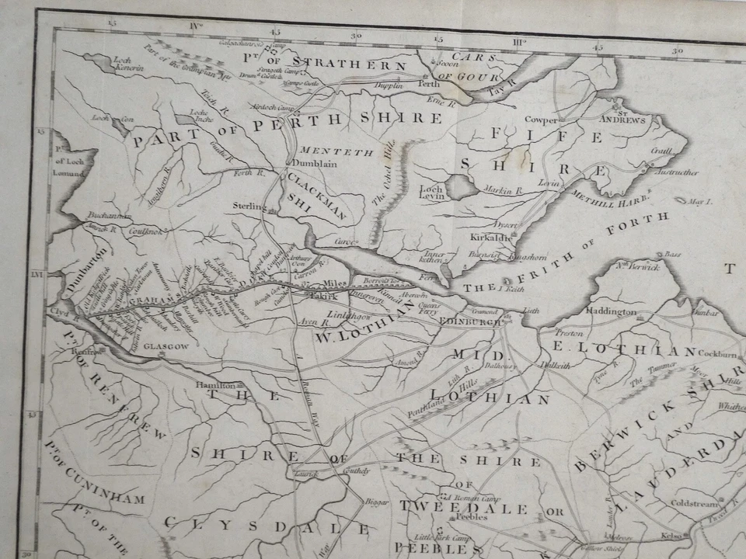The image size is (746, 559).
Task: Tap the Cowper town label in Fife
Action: tap(541, 120)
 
